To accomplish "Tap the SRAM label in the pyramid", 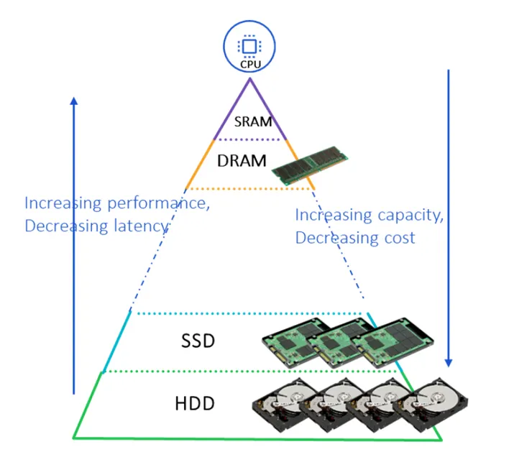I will (x=253, y=122).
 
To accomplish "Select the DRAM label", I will (x=242, y=160).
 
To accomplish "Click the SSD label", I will (x=198, y=340).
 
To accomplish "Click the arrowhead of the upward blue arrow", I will (x=73, y=101).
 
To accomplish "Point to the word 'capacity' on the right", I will (x=407, y=215).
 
